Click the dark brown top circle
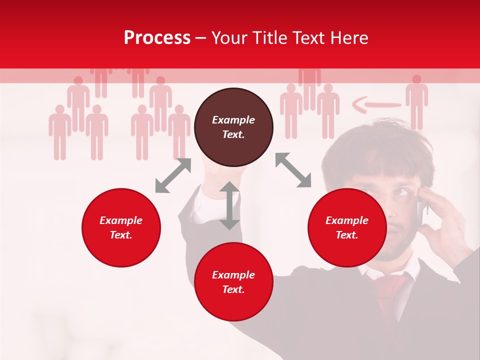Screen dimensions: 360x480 233,127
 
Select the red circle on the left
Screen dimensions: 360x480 121,227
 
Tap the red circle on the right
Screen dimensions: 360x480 347,227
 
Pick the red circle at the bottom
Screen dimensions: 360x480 233,282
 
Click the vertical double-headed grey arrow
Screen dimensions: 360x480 229,205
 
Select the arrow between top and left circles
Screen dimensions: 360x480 173,175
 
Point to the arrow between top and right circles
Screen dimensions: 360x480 293,170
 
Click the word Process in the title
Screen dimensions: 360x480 157,37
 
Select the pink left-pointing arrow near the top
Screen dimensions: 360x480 376,105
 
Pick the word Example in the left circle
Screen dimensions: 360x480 121,220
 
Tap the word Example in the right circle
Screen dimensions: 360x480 347,220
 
